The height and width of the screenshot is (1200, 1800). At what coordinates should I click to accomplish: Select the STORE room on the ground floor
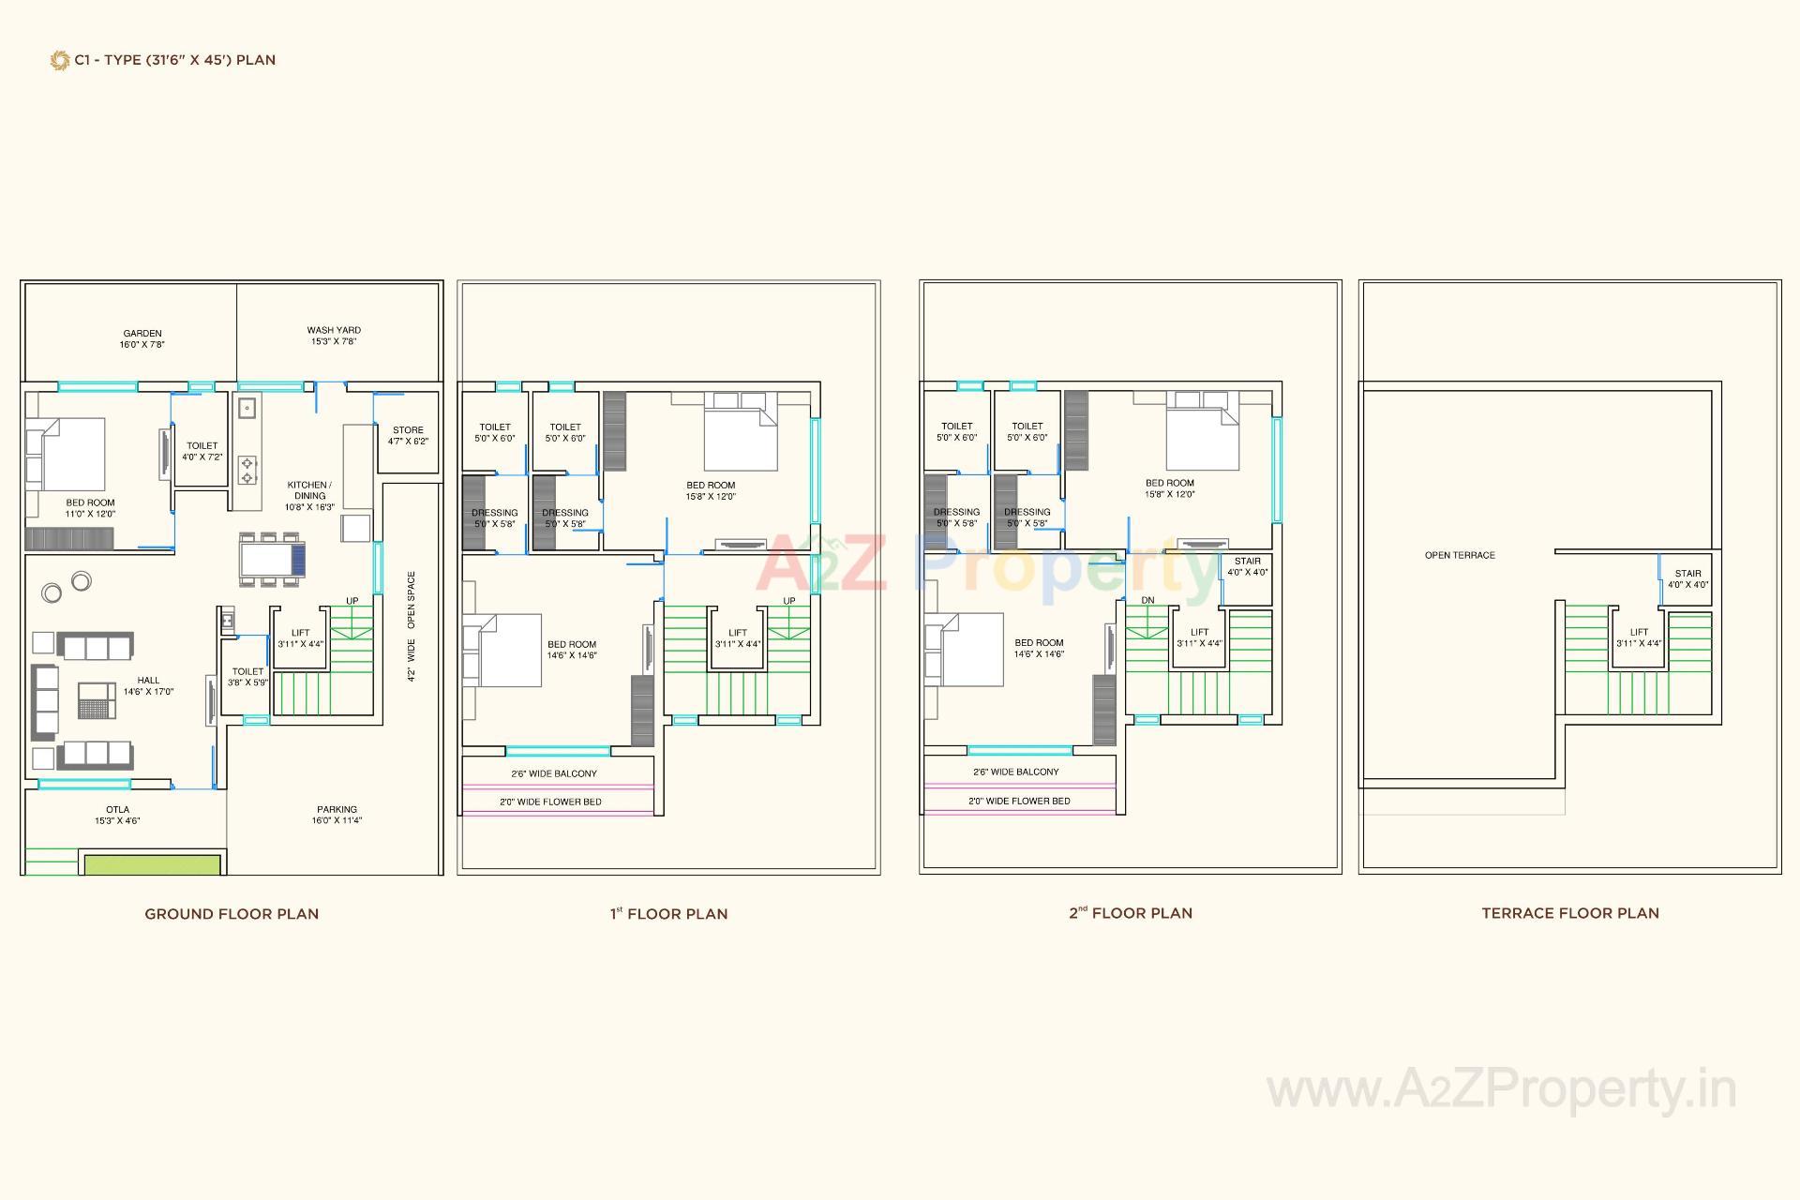[x=408, y=435]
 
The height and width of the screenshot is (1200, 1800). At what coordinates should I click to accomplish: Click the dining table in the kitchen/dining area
[x=271, y=560]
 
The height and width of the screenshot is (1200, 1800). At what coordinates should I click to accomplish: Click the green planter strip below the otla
[x=153, y=863]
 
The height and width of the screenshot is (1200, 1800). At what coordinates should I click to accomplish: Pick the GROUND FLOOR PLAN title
[x=232, y=914]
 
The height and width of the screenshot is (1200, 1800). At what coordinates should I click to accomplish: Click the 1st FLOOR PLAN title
[x=668, y=914]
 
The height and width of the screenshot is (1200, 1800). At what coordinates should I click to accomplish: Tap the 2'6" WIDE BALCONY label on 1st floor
[x=554, y=773]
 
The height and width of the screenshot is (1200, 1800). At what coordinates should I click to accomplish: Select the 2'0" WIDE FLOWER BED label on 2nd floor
[x=1019, y=801]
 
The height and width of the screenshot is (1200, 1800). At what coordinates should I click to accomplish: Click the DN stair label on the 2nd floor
[x=1148, y=600]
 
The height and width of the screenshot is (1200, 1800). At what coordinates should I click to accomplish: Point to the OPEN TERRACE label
[x=1460, y=555]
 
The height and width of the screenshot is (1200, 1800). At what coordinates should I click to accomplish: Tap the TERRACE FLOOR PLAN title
[x=1570, y=913]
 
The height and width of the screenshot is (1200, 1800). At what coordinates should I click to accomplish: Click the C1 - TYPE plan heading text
[x=174, y=60]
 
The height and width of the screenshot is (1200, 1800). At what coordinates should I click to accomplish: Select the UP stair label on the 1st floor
[x=789, y=601]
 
